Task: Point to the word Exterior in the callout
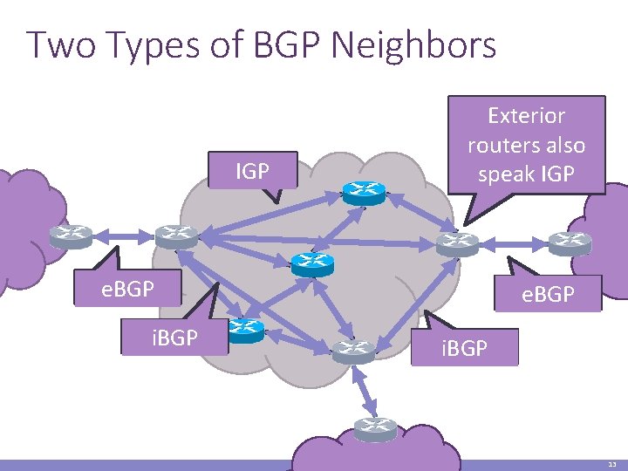pos(526,116)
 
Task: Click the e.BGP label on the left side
pos(127,289)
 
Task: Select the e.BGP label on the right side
pos(548,295)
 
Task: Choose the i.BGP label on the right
pos(463,348)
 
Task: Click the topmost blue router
pos(364,193)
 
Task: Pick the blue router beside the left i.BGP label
pos(247,330)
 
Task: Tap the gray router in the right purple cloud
pos(570,241)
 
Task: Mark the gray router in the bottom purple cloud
pos(376,427)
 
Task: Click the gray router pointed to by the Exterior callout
pos(458,242)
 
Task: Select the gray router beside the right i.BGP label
pos(353,350)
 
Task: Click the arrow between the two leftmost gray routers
pos(123,235)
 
